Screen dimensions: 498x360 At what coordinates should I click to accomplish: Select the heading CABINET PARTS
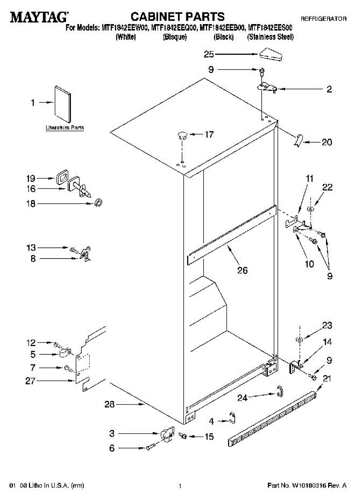[178, 17]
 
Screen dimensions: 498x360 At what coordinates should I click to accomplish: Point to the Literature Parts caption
[65, 128]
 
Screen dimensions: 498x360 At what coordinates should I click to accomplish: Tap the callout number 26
[242, 270]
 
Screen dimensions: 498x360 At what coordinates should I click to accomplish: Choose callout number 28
[109, 405]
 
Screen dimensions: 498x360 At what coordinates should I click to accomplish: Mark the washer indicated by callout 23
[299, 340]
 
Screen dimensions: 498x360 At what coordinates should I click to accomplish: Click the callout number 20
[327, 142]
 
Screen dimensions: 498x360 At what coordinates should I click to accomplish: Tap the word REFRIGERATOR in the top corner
[324, 19]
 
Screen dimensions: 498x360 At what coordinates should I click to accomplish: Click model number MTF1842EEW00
[124, 28]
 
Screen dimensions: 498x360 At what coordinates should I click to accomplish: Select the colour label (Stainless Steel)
[270, 37]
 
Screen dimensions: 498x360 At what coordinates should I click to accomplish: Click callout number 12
[32, 343]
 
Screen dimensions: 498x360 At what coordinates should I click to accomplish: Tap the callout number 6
[112, 448]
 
